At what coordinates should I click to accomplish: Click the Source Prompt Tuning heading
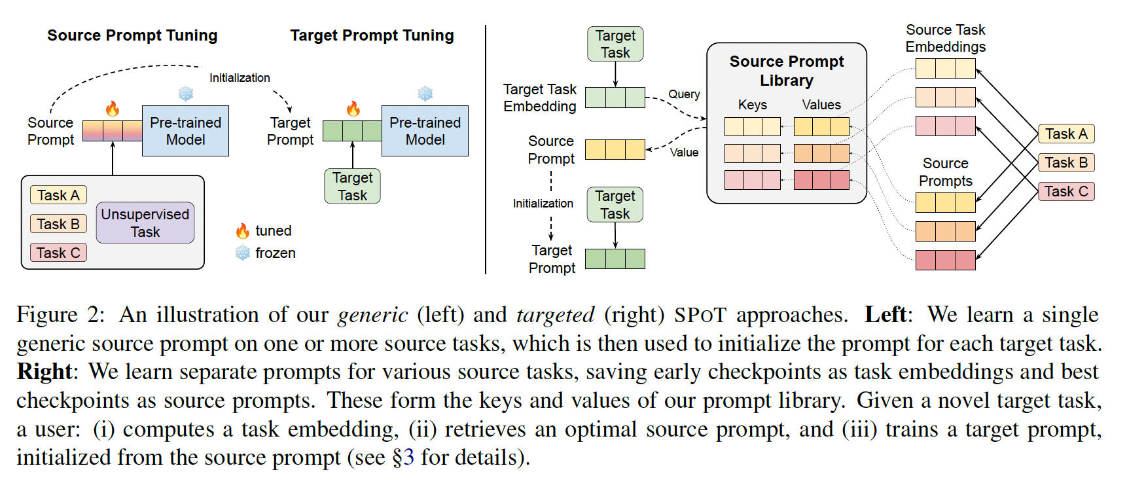(x=132, y=35)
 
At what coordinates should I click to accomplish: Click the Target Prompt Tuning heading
(x=372, y=35)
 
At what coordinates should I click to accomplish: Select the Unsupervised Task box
(x=145, y=223)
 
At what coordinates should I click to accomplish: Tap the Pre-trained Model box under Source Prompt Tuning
(x=185, y=131)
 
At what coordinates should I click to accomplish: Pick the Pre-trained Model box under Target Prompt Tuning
(x=425, y=131)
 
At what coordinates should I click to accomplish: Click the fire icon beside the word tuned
(x=243, y=231)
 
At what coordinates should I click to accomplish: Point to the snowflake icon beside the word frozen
(x=243, y=253)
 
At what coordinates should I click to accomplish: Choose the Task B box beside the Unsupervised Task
(x=58, y=224)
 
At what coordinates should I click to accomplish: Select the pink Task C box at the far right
(x=1066, y=191)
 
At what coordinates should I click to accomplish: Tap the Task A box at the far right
(x=1066, y=134)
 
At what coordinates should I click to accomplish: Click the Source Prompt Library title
(x=787, y=71)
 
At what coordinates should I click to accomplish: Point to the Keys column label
(x=753, y=105)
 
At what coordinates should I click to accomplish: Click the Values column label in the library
(x=821, y=105)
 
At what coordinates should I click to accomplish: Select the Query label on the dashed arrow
(x=684, y=94)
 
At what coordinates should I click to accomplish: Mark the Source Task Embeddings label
(x=946, y=38)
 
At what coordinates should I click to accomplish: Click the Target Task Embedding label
(x=540, y=98)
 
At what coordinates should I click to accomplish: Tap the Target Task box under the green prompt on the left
(x=352, y=186)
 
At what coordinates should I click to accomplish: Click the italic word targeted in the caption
(x=555, y=315)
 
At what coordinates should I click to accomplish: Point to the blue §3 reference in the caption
(x=403, y=457)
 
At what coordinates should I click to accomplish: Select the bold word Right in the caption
(x=44, y=372)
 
